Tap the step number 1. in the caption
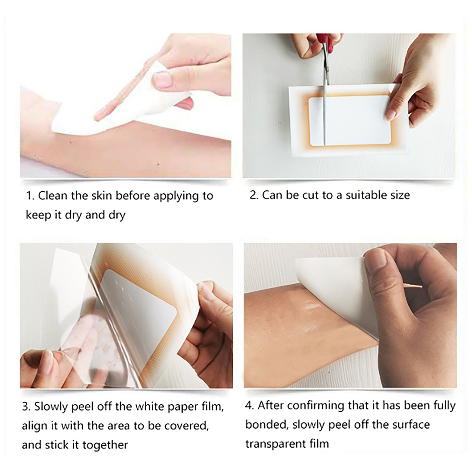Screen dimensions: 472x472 pos(30,196)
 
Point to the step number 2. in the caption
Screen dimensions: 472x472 pos(254,195)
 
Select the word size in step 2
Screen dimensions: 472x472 pos(400,195)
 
